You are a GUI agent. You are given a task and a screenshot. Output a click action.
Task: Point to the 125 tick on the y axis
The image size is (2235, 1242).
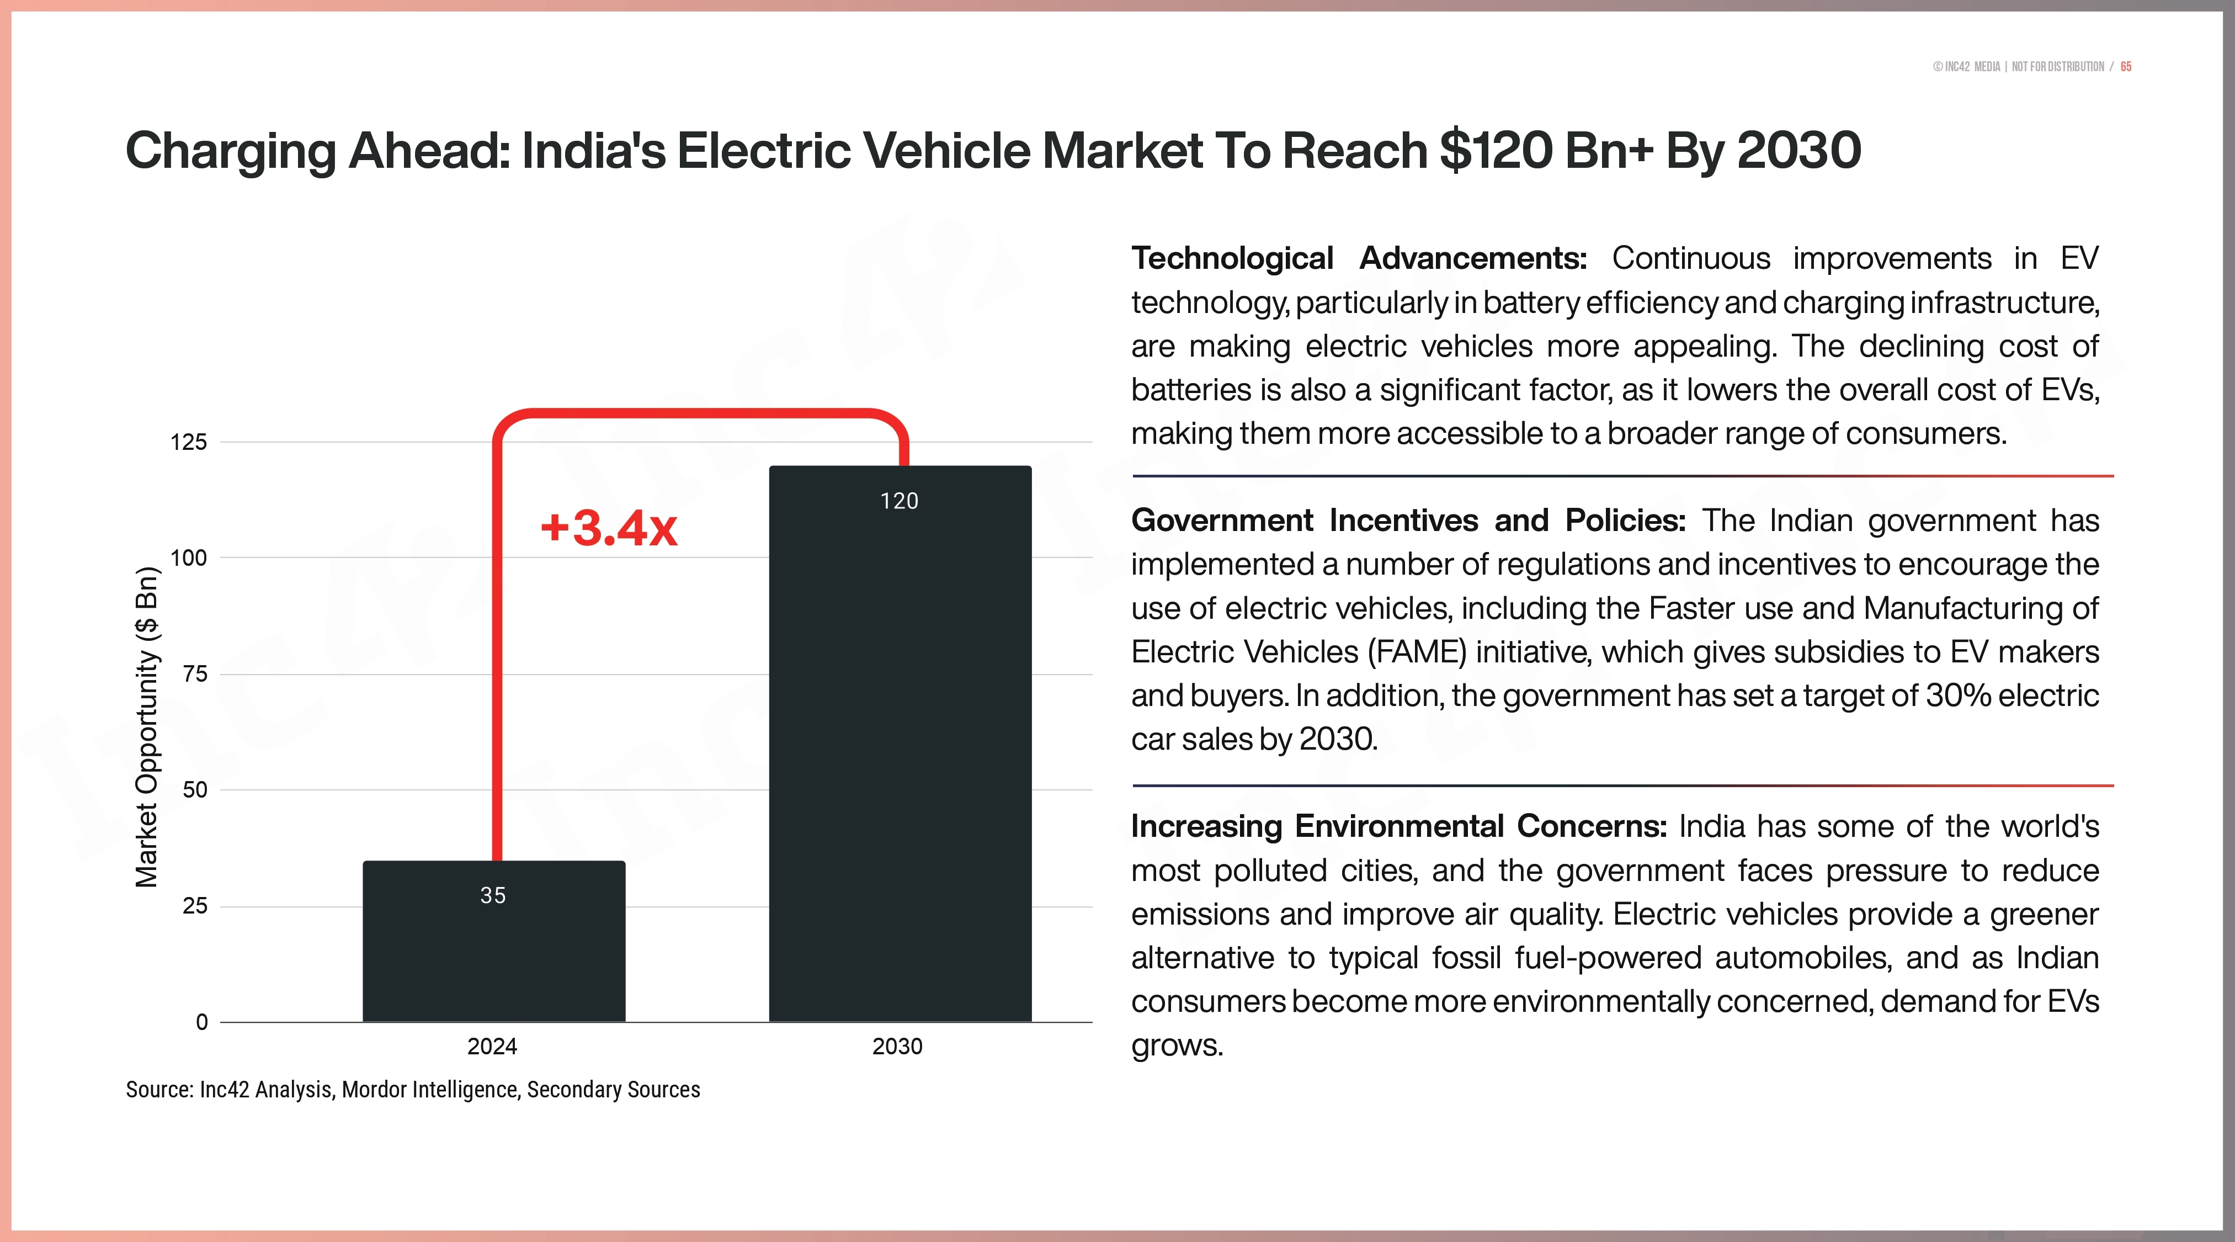point(188,443)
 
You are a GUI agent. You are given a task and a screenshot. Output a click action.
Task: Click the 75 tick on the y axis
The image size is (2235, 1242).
point(195,675)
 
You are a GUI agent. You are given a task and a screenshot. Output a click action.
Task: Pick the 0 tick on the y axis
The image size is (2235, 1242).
point(201,1022)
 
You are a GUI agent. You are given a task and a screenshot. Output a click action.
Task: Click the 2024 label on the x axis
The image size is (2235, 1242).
point(492,1047)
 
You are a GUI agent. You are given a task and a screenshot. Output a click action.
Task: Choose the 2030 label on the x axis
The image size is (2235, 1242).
point(897,1047)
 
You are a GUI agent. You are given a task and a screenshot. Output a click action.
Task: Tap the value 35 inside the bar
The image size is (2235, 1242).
point(493,896)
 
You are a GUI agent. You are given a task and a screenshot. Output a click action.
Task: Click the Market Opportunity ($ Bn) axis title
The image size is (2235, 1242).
point(147,728)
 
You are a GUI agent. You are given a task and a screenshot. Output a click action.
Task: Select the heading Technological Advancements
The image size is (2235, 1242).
point(1359,259)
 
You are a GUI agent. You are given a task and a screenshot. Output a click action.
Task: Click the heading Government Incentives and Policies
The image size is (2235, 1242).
point(1407,521)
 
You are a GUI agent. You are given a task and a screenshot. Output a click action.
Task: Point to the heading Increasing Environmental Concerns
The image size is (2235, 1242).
point(1398,826)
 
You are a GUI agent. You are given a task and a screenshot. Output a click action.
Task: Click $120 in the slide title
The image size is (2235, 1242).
point(1496,151)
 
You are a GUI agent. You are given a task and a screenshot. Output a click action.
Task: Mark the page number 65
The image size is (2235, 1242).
point(2126,67)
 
